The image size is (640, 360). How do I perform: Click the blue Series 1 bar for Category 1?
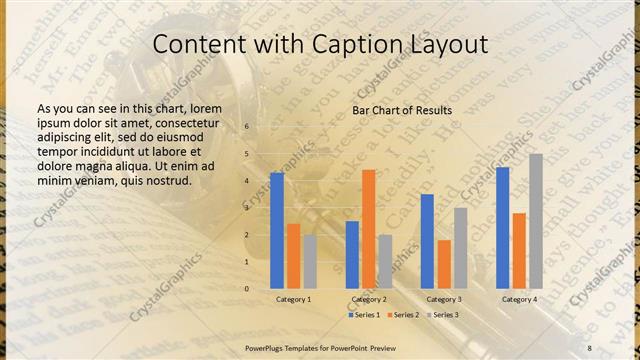click(x=277, y=231)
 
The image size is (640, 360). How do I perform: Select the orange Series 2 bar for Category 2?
click(x=368, y=229)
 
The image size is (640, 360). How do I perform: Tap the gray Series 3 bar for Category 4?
click(x=536, y=221)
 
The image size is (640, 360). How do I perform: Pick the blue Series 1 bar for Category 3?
click(x=427, y=241)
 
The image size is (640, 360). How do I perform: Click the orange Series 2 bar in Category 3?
click(x=443, y=264)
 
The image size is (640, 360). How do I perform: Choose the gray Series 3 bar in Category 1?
click(x=310, y=262)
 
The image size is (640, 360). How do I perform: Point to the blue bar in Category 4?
click(x=502, y=228)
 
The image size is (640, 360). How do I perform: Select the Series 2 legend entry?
click(x=403, y=315)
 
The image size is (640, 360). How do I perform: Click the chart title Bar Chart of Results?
click(x=402, y=110)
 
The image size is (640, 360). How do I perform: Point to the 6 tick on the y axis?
click(x=247, y=127)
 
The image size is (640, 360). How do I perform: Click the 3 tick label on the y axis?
click(x=247, y=208)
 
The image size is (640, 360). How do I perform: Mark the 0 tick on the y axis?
click(x=247, y=289)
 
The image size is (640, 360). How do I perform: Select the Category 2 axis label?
click(x=369, y=299)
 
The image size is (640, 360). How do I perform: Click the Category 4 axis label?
click(x=519, y=299)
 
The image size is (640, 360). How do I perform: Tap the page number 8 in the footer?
click(x=589, y=347)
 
